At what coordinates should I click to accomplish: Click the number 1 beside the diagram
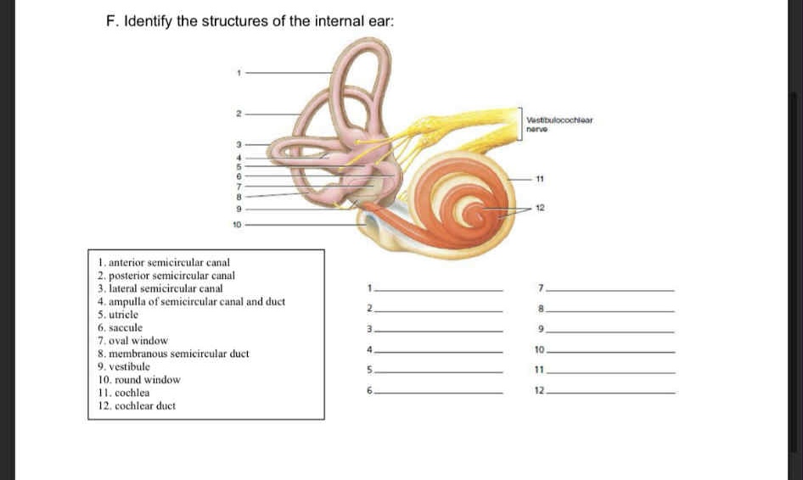pos(239,73)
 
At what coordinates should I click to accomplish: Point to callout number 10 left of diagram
pos(237,225)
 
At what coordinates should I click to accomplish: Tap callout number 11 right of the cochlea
pos(540,180)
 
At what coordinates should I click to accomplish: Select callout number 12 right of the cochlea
pos(540,207)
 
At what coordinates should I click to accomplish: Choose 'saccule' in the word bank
pos(120,327)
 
